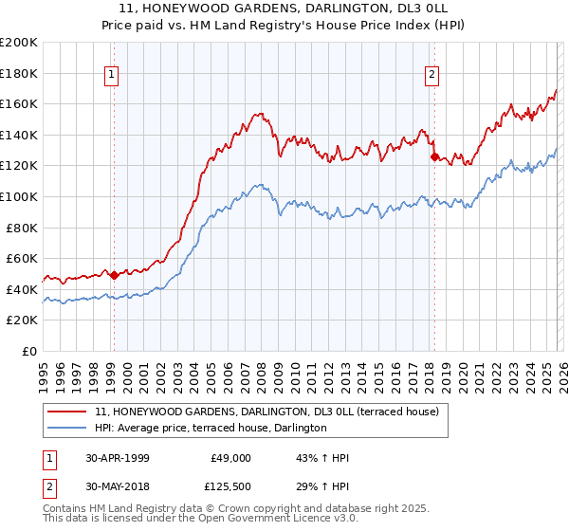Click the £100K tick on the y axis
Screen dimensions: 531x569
[19, 196]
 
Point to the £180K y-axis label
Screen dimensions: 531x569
[19, 73]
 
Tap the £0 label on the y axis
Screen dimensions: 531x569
[29, 351]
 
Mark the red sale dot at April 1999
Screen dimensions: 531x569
[115, 275]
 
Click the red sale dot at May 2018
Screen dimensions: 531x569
[434, 157]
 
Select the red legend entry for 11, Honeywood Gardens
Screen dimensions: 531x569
[266, 412]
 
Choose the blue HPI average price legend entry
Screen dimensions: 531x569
[211, 429]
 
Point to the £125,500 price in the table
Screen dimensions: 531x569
[230, 486]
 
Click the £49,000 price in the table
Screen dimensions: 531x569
[230, 458]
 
